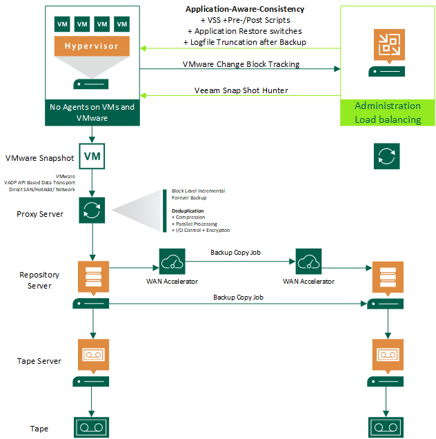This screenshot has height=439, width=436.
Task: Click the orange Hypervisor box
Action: click(92, 46)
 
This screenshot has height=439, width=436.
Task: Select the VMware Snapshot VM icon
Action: click(92, 157)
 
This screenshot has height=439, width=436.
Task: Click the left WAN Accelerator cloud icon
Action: click(171, 262)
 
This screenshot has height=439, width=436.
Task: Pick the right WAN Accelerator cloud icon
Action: click(308, 262)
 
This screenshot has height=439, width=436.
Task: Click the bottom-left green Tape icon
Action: click(92, 426)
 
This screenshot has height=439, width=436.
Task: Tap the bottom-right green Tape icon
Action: click(387, 426)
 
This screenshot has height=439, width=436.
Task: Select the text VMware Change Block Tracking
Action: click(241, 64)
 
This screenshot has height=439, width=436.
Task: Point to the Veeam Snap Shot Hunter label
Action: click(241, 90)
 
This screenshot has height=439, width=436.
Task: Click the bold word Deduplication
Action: click(187, 211)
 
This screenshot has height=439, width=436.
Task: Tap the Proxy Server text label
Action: click(40, 214)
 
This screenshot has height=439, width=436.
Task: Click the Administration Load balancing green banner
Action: click(387, 113)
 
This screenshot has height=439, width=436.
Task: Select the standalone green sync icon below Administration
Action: click(387, 156)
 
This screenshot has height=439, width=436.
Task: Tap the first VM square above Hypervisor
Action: click(63, 24)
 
